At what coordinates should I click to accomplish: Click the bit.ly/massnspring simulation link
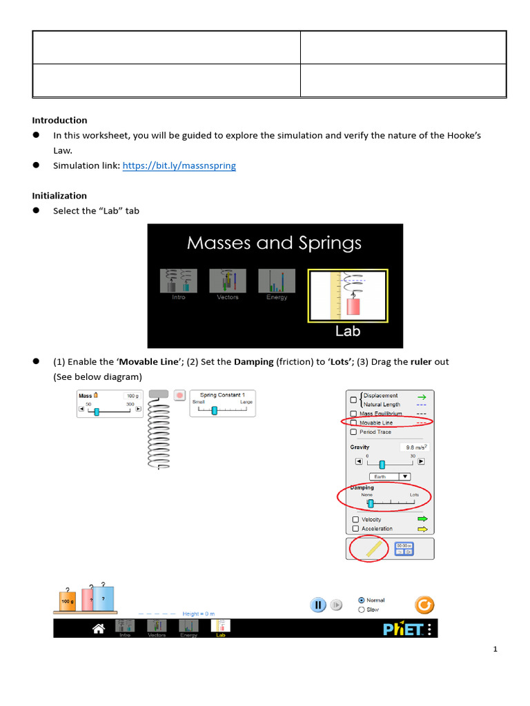point(179,166)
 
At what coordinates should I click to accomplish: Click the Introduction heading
point(59,120)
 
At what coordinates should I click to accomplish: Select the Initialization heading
point(59,196)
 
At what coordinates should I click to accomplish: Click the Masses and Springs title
point(274,243)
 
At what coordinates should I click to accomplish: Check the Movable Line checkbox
point(354,423)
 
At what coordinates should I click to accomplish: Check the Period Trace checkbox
point(354,432)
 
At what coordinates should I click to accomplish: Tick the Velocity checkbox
point(356,519)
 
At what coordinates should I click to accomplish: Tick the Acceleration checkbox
point(356,529)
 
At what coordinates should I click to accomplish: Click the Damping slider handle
point(371,503)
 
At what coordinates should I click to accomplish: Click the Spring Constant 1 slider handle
point(215,410)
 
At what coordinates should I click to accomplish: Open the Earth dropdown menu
point(390,476)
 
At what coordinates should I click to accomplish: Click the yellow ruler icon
point(373,549)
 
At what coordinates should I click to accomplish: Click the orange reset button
point(424,605)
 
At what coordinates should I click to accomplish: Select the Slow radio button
point(362,609)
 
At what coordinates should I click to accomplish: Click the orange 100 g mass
point(67,601)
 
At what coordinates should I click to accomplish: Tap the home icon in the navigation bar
point(99,628)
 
